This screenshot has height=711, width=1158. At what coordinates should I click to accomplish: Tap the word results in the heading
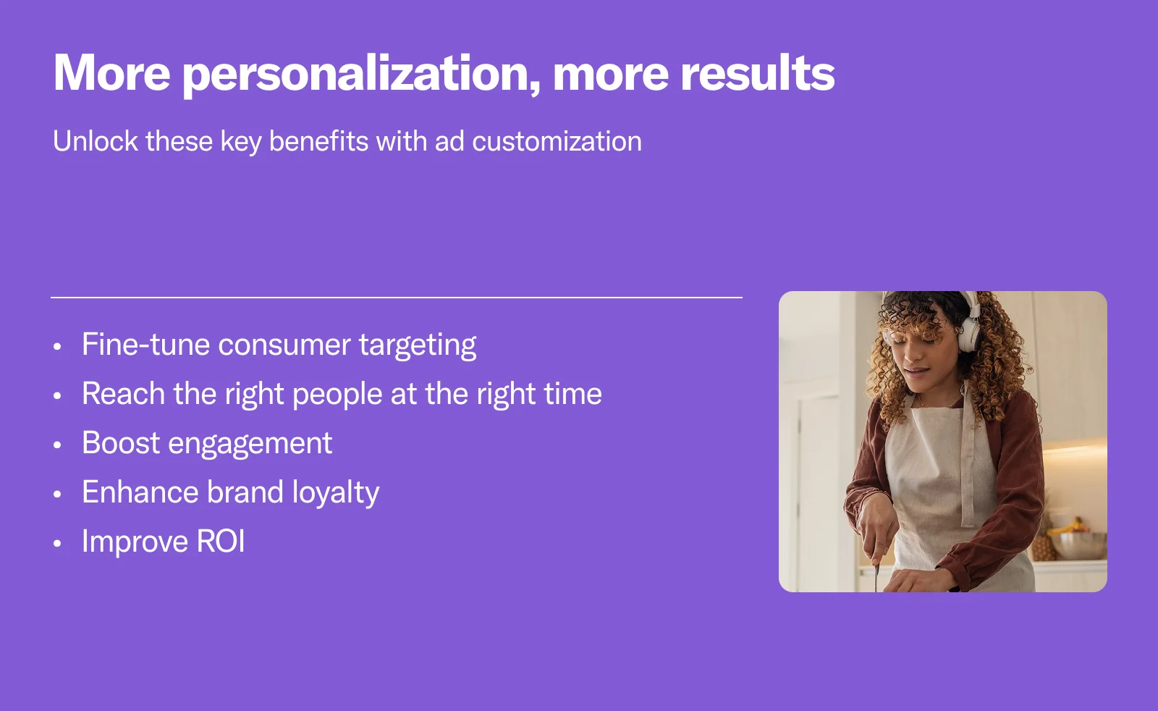(757, 72)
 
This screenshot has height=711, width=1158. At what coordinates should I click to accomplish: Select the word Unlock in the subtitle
(96, 140)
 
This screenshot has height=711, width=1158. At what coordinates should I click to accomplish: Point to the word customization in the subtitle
(557, 141)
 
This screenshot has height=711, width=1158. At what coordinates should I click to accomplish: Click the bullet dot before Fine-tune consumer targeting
(57, 347)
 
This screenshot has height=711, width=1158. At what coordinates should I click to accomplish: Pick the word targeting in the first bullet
(418, 345)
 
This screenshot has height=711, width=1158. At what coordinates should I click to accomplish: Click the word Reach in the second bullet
(123, 393)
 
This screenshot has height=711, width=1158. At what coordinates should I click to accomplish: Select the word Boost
(121, 442)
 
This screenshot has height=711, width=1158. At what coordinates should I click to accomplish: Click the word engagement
(250, 444)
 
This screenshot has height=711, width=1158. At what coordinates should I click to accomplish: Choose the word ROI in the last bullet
(221, 542)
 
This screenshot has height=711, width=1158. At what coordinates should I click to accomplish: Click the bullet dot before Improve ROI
(57, 544)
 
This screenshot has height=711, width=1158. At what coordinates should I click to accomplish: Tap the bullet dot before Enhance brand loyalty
(57, 495)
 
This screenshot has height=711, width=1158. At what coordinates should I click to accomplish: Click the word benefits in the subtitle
(319, 140)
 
